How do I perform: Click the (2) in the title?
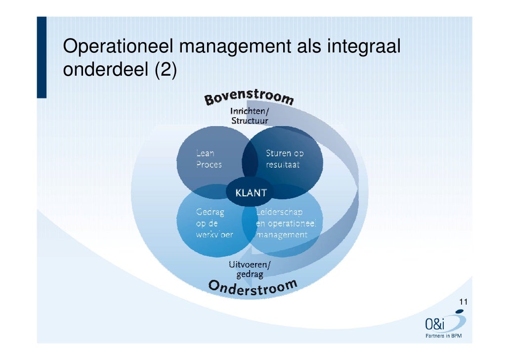point(165,71)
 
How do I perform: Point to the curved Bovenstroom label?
point(250,97)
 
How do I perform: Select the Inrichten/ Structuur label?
point(250,116)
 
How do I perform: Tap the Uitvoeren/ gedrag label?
point(249,269)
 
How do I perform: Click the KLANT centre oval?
point(251,193)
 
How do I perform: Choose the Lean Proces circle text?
point(209,159)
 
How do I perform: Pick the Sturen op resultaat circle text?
point(284,159)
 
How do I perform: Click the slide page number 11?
point(463,303)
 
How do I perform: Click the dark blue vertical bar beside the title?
point(42,57)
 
